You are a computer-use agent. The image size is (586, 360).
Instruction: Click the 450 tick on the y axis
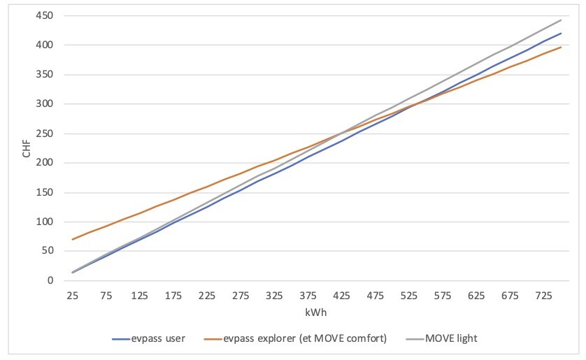pyautogui.click(x=44, y=16)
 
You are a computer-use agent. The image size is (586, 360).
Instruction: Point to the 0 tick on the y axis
pyautogui.click(x=50, y=281)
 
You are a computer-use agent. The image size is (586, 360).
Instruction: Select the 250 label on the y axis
pyautogui.click(x=44, y=134)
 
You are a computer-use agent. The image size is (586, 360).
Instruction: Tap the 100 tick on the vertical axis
pyautogui.click(x=44, y=222)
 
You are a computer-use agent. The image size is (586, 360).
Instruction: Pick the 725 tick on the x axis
pyautogui.click(x=544, y=296)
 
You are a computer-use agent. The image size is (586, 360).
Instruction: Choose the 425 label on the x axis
pyautogui.click(x=342, y=296)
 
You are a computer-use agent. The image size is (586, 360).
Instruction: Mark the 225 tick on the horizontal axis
pyautogui.click(x=206, y=296)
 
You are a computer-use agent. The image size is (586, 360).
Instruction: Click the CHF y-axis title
pyautogui.click(x=27, y=147)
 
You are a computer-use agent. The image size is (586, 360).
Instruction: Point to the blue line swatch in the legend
pyautogui.click(x=124, y=340)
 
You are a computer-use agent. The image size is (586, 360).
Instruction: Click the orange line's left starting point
pyautogui.click(x=72, y=240)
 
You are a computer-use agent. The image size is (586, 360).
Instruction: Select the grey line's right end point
pyautogui.click(x=561, y=20)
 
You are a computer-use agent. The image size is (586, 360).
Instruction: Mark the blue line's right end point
pyautogui.click(x=561, y=34)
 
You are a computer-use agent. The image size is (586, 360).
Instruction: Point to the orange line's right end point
pyautogui.click(x=561, y=48)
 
